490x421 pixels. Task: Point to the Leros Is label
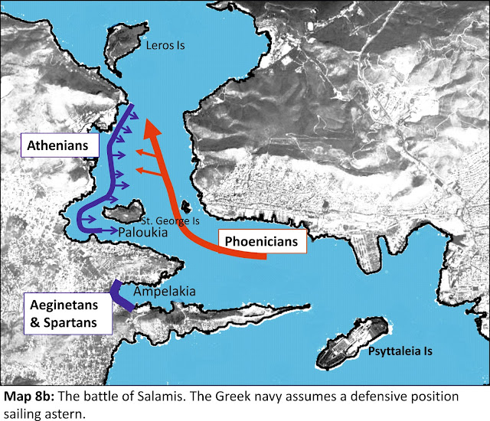tap(165, 46)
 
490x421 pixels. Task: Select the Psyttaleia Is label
tap(400, 351)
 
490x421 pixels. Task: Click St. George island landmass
tap(122, 210)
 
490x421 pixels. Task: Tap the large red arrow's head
tap(153, 124)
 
